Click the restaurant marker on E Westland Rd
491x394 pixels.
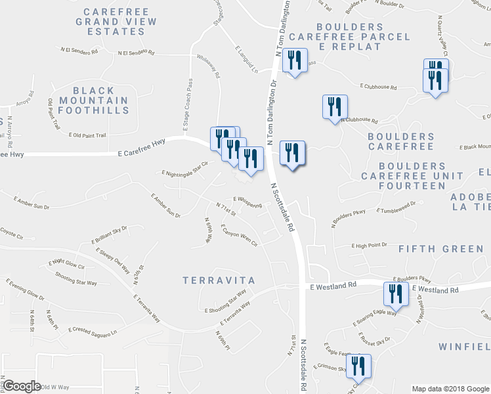(396, 293)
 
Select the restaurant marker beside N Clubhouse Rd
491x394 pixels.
(335, 106)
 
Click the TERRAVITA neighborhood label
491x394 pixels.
(219, 280)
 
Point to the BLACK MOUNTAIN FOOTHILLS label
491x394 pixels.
(94, 100)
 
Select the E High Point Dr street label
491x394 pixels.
(369, 246)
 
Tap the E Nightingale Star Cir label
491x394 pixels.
(184, 169)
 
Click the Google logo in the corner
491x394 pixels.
(22, 386)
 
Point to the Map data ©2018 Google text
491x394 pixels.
(450, 388)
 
